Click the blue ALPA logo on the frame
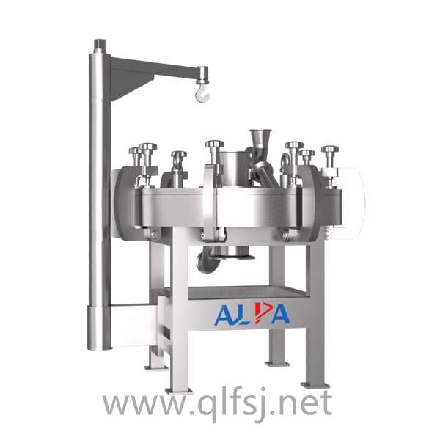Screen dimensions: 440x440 click(252, 314)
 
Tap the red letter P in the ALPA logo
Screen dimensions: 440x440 click(262, 313)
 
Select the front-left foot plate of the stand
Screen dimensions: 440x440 click(179, 390)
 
